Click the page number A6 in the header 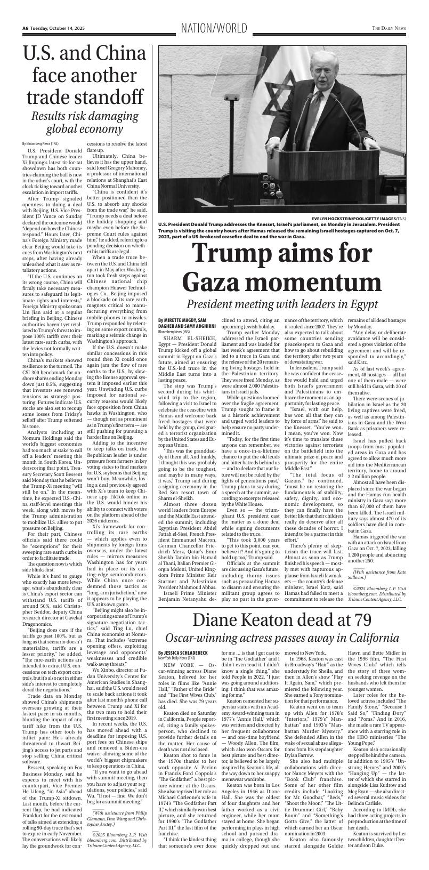[x=25, y=28]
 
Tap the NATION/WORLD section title [x=214, y=28]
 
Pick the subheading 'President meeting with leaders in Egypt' [x=281, y=305]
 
